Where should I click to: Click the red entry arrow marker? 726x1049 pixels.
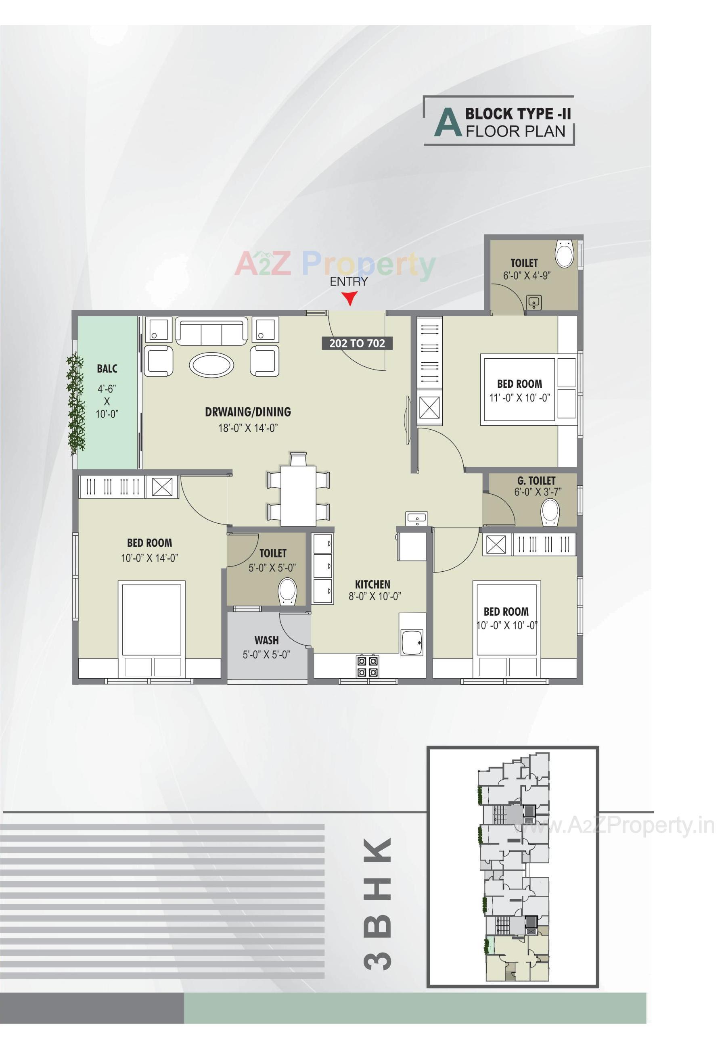(349, 299)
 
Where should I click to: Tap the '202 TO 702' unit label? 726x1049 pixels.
(357, 343)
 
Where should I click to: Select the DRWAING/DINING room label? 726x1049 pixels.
(248, 412)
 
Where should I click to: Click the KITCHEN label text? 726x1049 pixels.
(372, 584)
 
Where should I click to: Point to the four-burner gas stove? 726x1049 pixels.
(367, 666)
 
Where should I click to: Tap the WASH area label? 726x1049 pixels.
(267, 640)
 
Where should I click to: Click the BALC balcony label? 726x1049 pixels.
(107, 368)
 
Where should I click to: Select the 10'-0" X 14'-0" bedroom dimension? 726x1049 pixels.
(149, 558)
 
